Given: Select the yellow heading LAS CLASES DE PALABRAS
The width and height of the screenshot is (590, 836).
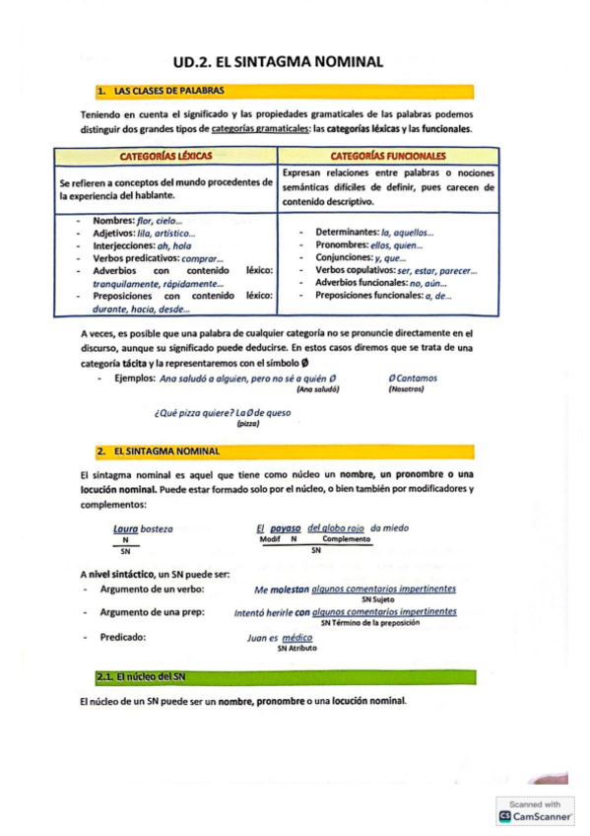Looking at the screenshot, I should [x=159, y=91].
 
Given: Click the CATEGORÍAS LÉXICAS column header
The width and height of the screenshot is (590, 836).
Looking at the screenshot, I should [x=164, y=156].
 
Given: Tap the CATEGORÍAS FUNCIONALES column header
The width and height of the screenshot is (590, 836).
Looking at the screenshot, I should [x=387, y=156].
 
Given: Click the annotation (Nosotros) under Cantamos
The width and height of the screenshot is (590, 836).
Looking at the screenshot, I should [x=405, y=389].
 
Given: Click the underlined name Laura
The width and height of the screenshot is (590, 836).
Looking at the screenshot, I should [x=125, y=528].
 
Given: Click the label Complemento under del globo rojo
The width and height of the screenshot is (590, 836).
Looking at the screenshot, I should [x=346, y=540].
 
